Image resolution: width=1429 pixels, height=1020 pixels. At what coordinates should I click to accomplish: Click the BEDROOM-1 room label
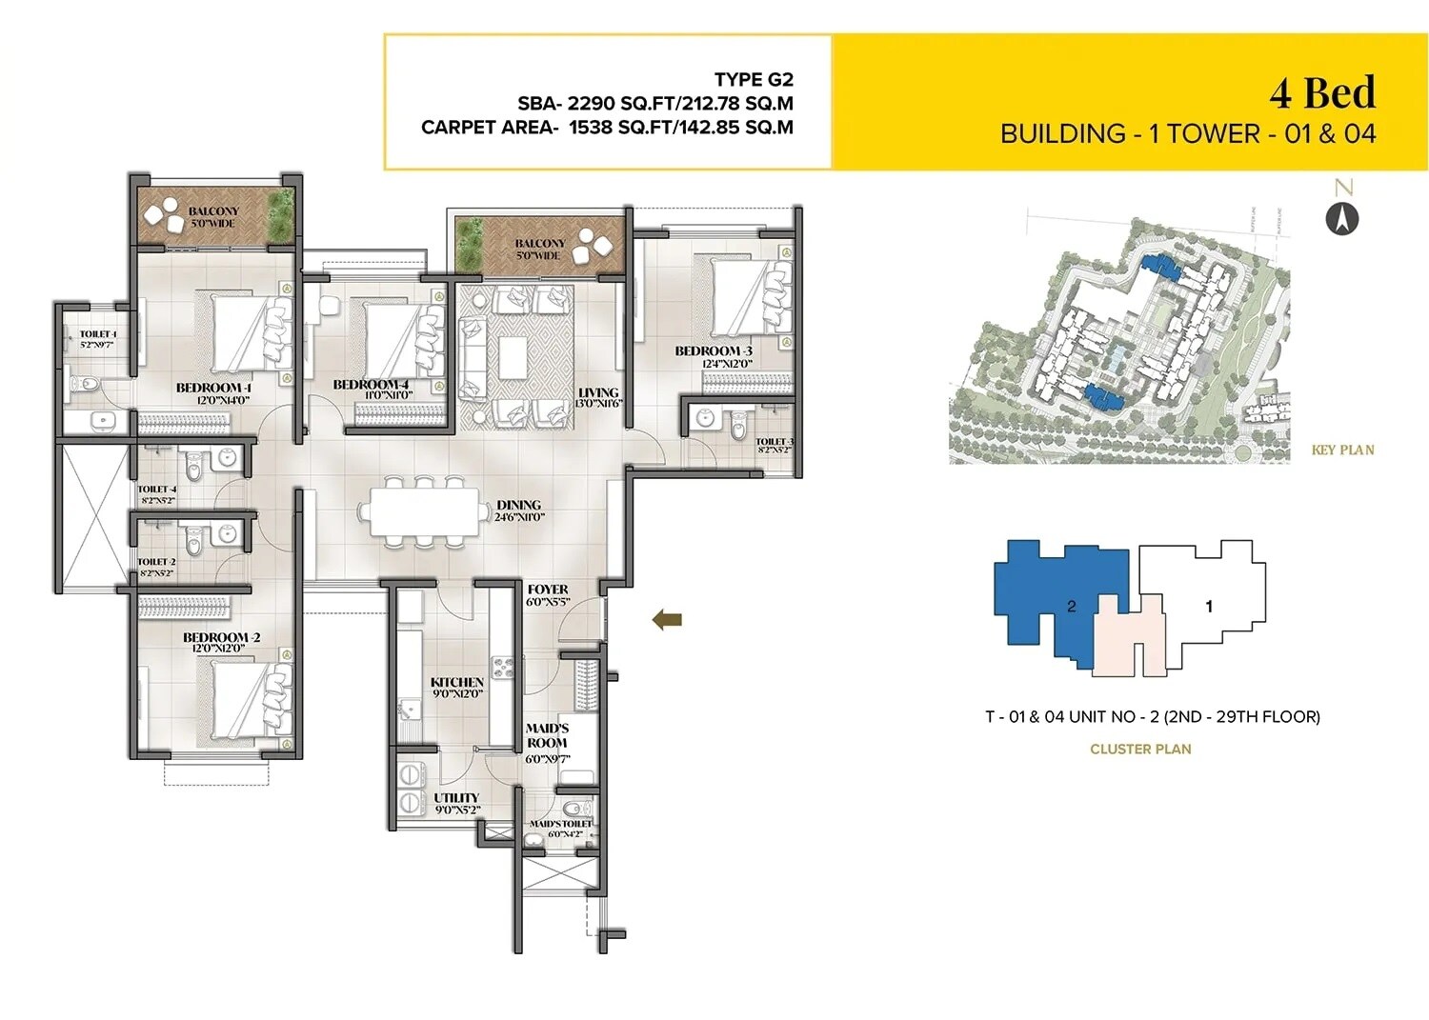[213, 388]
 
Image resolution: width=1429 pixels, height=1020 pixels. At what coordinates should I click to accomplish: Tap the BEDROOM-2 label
[221, 637]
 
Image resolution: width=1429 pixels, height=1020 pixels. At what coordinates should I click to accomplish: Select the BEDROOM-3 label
[714, 351]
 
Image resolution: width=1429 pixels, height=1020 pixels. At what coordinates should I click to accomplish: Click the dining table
[422, 513]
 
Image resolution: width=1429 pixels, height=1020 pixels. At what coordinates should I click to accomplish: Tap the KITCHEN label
[457, 682]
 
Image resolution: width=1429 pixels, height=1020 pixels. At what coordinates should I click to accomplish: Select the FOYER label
[548, 590]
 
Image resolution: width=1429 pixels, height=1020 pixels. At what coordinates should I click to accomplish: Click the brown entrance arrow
[667, 620]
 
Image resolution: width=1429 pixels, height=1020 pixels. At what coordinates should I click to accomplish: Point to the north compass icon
[1343, 219]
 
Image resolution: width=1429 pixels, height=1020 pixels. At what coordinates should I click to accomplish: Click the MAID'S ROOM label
[547, 735]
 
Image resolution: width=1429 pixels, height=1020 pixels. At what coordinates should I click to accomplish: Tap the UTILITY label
[456, 798]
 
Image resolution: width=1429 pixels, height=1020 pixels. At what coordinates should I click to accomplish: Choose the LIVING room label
[598, 392]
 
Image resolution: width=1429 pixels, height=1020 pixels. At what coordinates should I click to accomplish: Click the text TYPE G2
[754, 80]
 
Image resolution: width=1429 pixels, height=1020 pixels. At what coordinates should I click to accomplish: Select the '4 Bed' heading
[1322, 92]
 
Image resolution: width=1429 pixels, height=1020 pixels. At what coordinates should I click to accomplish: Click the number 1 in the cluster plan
[1209, 606]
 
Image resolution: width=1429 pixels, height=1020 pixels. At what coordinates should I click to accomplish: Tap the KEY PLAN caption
[1342, 450]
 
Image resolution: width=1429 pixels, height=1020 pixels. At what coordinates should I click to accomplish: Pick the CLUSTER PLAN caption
[1140, 750]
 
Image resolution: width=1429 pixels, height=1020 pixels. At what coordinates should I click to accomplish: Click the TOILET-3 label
[774, 441]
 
